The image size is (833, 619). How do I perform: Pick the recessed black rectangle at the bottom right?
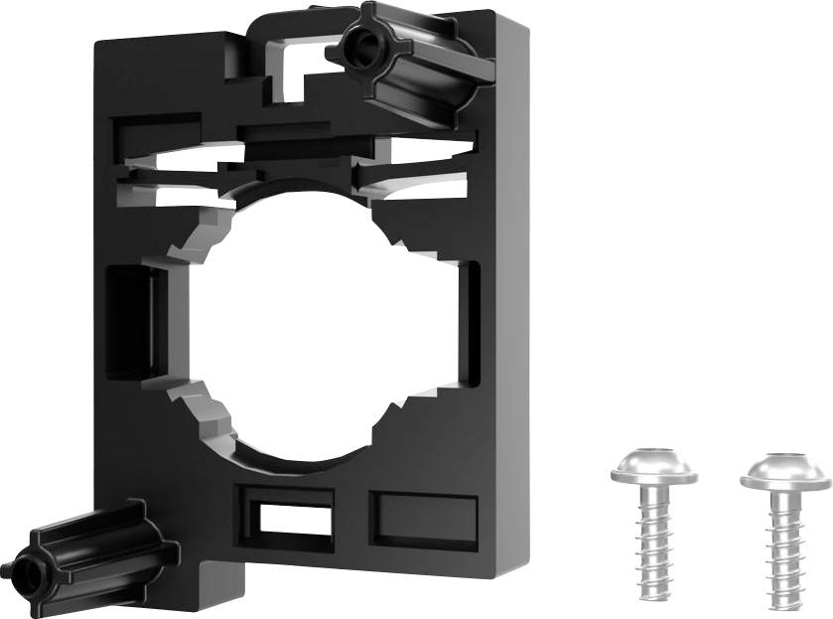[417, 517]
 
